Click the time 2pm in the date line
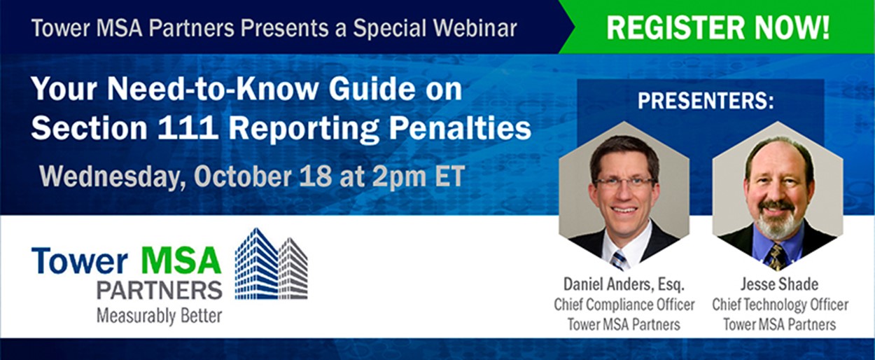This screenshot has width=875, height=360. pyautogui.click(x=399, y=176)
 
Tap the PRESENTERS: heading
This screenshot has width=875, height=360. pyautogui.click(x=706, y=102)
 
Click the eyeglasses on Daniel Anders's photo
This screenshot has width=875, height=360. pyautogui.click(x=624, y=182)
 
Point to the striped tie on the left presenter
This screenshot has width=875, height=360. pyautogui.click(x=619, y=260)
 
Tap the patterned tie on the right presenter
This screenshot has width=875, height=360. pyautogui.click(x=776, y=257)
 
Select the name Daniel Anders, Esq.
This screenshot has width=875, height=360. pyautogui.click(x=624, y=284)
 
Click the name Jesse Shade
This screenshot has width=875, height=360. pyautogui.click(x=779, y=284)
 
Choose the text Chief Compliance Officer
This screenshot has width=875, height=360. pyautogui.click(x=624, y=305)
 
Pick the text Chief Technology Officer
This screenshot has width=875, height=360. pyautogui.click(x=780, y=305)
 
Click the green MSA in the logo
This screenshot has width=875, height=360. pyautogui.click(x=181, y=261)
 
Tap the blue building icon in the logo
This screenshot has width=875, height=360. pyautogui.click(x=258, y=264)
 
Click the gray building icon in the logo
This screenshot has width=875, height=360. pyautogui.click(x=294, y=268)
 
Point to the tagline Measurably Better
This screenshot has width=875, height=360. pyautogui.click(x=160, y=316)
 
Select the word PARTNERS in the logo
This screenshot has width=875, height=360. pyautogui.click(x=160, y=290)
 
